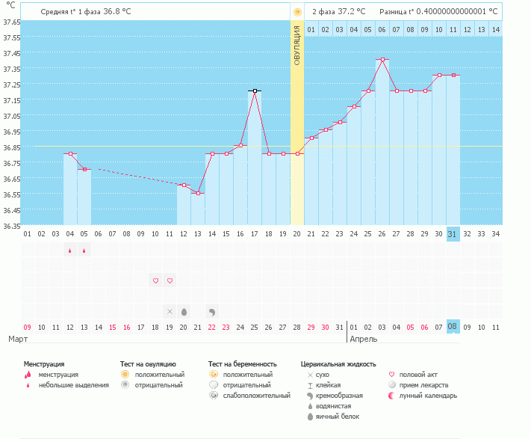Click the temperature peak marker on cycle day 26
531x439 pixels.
point(382,60)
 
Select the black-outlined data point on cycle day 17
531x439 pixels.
point(255,90)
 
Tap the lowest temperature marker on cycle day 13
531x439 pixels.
point(198,193)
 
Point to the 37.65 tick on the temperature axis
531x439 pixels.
point(11,22)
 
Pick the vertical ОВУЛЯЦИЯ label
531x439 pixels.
point(296,45)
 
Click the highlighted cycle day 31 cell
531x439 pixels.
point(452,234)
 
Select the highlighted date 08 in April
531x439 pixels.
point(452,327)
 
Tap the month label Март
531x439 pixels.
point(19,339)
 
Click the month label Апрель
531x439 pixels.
point(363,339)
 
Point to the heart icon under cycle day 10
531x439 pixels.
point(155,281)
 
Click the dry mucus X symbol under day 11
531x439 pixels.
point(170,311)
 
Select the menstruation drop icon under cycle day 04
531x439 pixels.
point(70,251)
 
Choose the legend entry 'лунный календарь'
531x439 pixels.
point(428,395)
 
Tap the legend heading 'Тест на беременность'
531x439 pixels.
point(247,363)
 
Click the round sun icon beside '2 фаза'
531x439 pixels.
point(297,12)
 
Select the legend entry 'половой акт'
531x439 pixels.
point(419,374)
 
